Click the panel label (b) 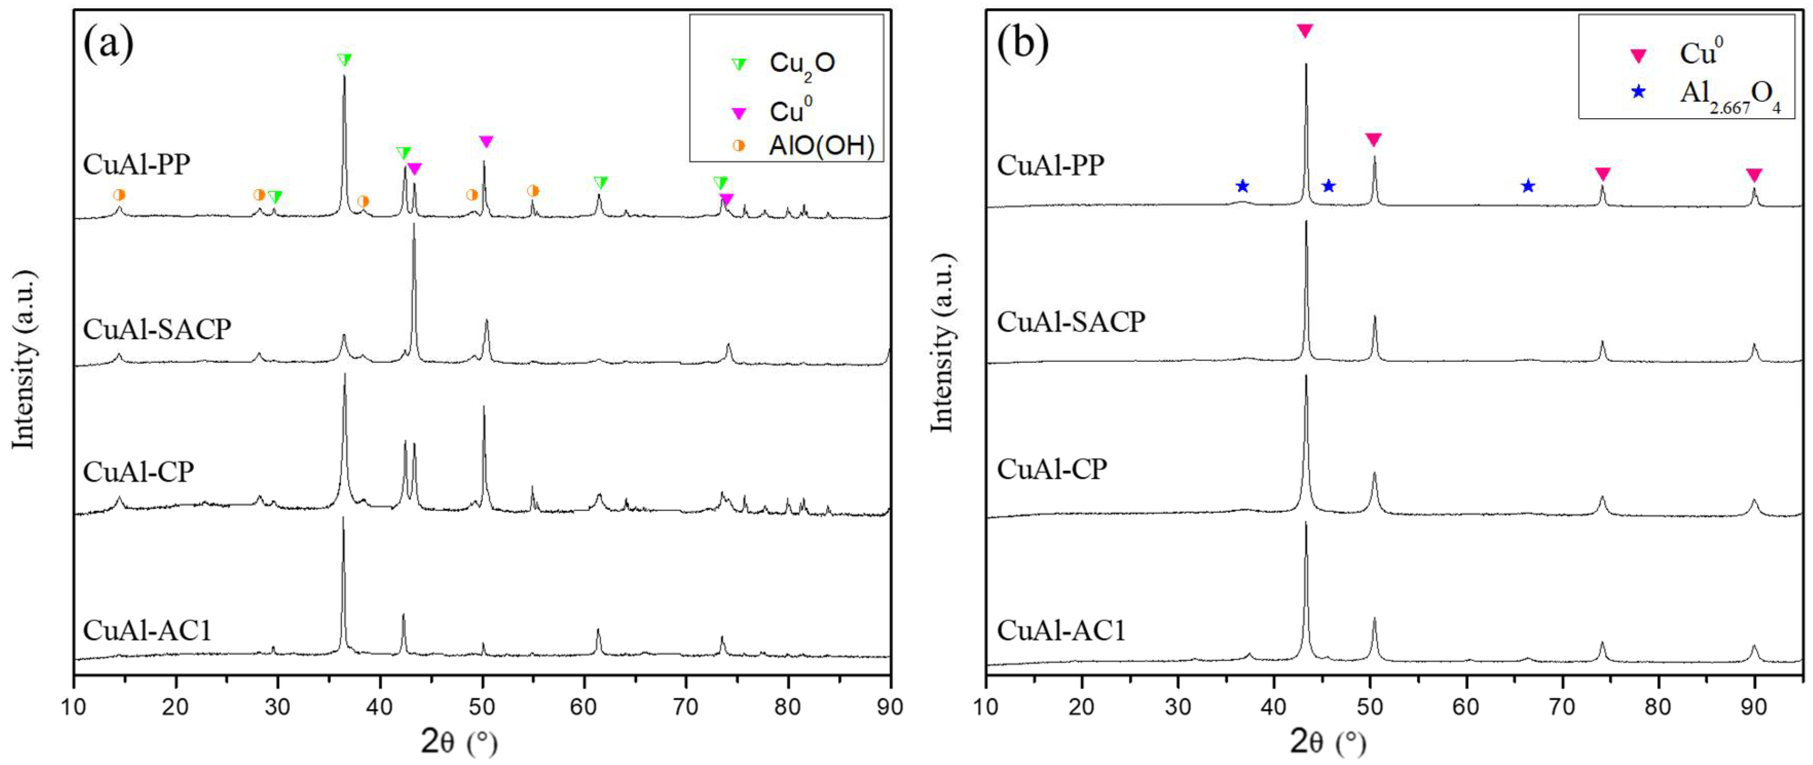click(x=1023, y=44)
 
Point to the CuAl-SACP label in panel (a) click(x=157, y=329)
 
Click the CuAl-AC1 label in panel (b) click(x=1061, y=629)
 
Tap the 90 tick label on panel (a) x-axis click(x=890, y=706)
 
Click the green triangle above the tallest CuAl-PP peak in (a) click(x=344, y=60)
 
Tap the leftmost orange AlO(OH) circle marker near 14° click(x=119, y=195)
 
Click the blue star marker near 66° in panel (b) click(x=1528, y=186)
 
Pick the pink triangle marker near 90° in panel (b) click(x=1754, y=175)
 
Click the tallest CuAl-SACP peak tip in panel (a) click(x=414, y=225)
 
